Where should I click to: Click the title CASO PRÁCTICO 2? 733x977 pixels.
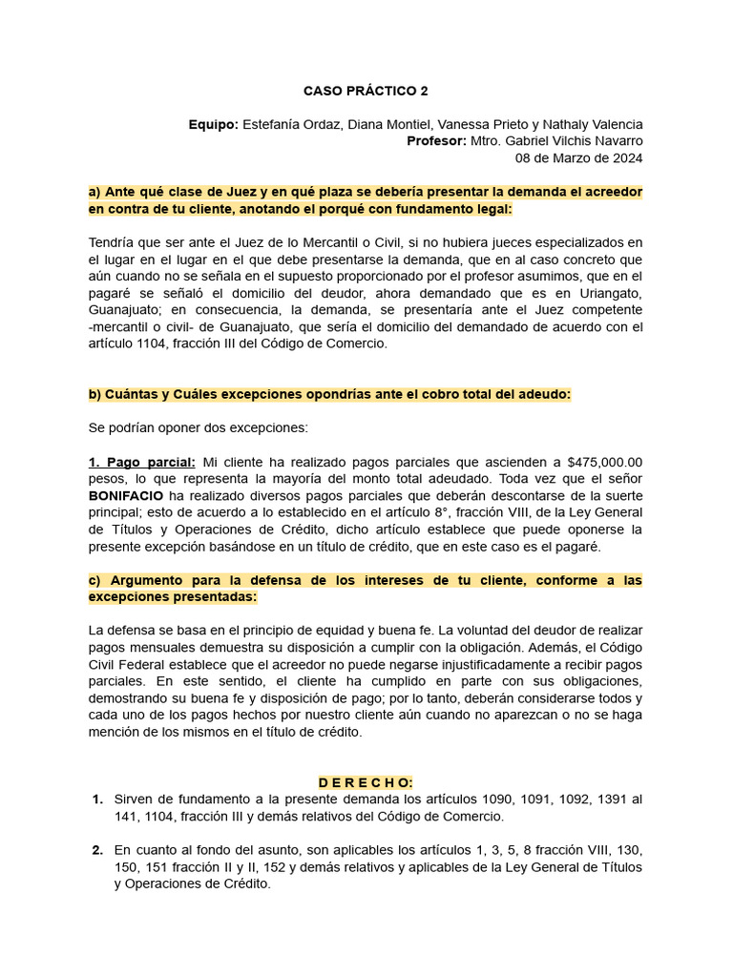[x=366, y=92]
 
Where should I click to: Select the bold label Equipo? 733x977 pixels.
[x=213, y=124]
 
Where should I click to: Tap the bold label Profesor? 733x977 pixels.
[x=435, y=141]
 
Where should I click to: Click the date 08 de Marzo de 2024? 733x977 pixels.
[x=578, y=158]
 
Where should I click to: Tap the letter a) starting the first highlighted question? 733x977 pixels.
[x=94, y=192]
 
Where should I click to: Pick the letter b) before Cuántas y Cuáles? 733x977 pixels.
[x=94, y=394]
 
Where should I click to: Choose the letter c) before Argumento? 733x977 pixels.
[x=94, y=580]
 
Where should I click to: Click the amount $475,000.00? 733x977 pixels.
[x=604, y=461]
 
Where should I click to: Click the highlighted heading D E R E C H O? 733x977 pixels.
[x=366, y=782]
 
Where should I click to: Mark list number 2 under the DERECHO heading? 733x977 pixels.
[x=97, y=850]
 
